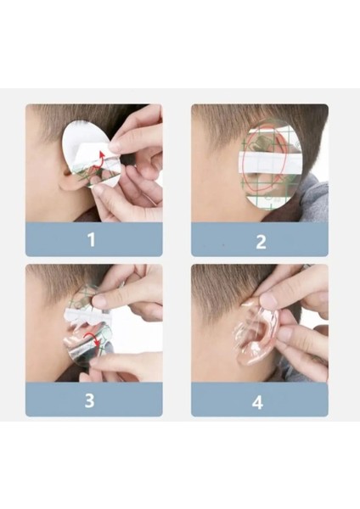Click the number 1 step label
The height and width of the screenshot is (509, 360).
92,239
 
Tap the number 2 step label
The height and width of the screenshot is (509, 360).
261,242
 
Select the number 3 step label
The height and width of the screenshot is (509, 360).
90,400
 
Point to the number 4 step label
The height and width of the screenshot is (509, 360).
257,402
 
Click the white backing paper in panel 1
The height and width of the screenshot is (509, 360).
87,146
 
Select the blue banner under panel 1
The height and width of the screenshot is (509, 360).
94,239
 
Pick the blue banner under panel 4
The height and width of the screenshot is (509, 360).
260,400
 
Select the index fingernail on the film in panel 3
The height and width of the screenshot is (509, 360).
99,301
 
